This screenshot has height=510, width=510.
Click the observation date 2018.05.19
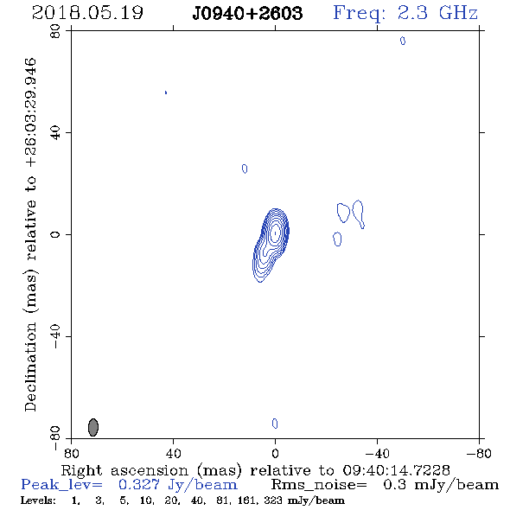point(87,13)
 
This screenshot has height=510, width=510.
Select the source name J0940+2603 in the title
point(247,13)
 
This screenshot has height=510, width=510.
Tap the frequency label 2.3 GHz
point(437,13)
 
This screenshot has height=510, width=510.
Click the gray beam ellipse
point(93,427)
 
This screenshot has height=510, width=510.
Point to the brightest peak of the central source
point(276,233)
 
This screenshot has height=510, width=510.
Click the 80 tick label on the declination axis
point(55,31)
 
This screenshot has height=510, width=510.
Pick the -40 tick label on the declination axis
point(55,336)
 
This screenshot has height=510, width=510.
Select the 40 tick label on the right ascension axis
point(174,454)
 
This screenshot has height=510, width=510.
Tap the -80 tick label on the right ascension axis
point(479,454)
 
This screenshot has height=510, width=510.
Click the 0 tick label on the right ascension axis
point(276,454)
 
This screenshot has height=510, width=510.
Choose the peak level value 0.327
point(139,485)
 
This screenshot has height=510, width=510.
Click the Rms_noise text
point(319,485)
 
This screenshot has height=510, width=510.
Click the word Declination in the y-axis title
point(30,367)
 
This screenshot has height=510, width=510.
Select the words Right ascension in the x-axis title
point(124,470)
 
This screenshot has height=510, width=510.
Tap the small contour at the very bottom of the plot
point(275,424)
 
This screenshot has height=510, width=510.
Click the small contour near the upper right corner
point(403,41)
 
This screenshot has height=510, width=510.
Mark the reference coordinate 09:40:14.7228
point(396,470)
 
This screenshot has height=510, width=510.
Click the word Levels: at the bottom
point(38,500)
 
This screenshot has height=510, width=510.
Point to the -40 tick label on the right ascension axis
point(377,454)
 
